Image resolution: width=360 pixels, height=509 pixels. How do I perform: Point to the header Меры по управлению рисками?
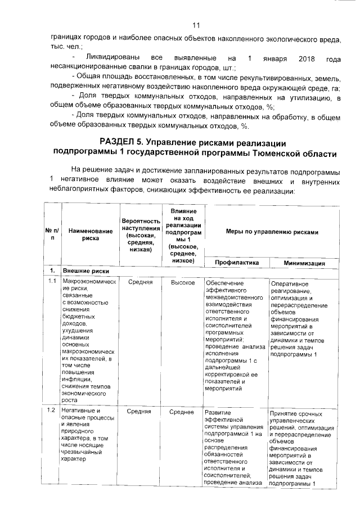(272, 231)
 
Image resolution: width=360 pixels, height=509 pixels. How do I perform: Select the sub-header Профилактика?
(236, 263)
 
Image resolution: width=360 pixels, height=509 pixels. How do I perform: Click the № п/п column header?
(52, 235)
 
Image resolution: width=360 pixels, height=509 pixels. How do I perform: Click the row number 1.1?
(52, 281)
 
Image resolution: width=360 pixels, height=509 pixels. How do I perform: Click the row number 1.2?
(52, 412)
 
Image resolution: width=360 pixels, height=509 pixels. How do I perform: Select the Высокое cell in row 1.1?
(183, 282)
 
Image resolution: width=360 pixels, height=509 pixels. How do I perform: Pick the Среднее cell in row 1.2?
(183, 412)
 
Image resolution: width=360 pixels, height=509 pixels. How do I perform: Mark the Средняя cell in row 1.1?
(140, 282)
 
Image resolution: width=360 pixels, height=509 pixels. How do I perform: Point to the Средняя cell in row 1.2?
(140, 412)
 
